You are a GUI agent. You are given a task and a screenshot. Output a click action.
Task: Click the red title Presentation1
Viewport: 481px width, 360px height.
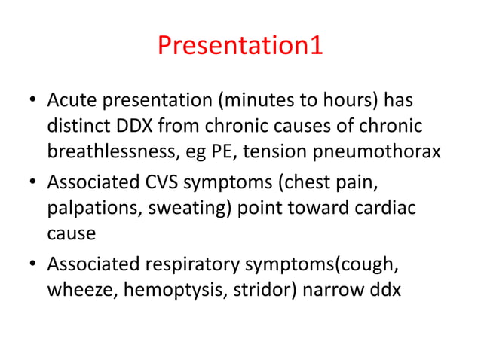(x=240, y=46)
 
